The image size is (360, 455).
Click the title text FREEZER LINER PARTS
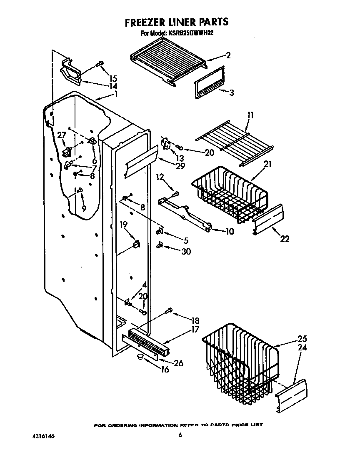177,22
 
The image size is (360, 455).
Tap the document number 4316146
43,436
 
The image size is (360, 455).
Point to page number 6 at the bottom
180,435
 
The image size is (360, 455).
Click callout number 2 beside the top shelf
228,55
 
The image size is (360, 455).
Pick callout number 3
231,92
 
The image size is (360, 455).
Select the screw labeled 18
170,310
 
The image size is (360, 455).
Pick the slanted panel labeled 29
141,160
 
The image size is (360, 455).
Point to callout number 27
62,135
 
